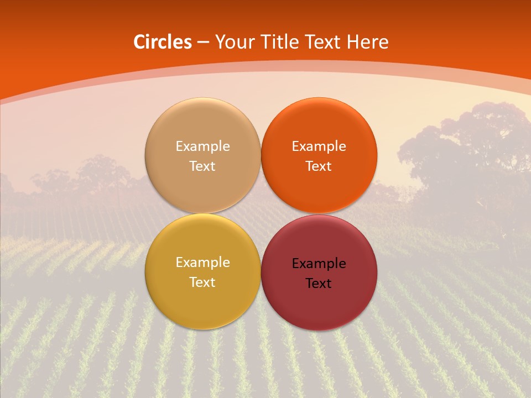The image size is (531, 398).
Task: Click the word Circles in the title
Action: coord(162,42)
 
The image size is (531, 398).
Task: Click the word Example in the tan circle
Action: coord(202,146)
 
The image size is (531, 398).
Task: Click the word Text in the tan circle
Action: coord(202,166)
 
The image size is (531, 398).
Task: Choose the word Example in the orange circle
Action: coord(319,146)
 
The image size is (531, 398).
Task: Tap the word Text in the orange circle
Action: coord(319,166)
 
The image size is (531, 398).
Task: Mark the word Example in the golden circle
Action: coord(202,263)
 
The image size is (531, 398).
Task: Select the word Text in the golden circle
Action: coord(202,282)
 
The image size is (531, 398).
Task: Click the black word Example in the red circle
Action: coord(319,264)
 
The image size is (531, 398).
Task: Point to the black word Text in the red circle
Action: coord(319,284)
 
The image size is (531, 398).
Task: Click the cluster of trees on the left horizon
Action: coord(83,177)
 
